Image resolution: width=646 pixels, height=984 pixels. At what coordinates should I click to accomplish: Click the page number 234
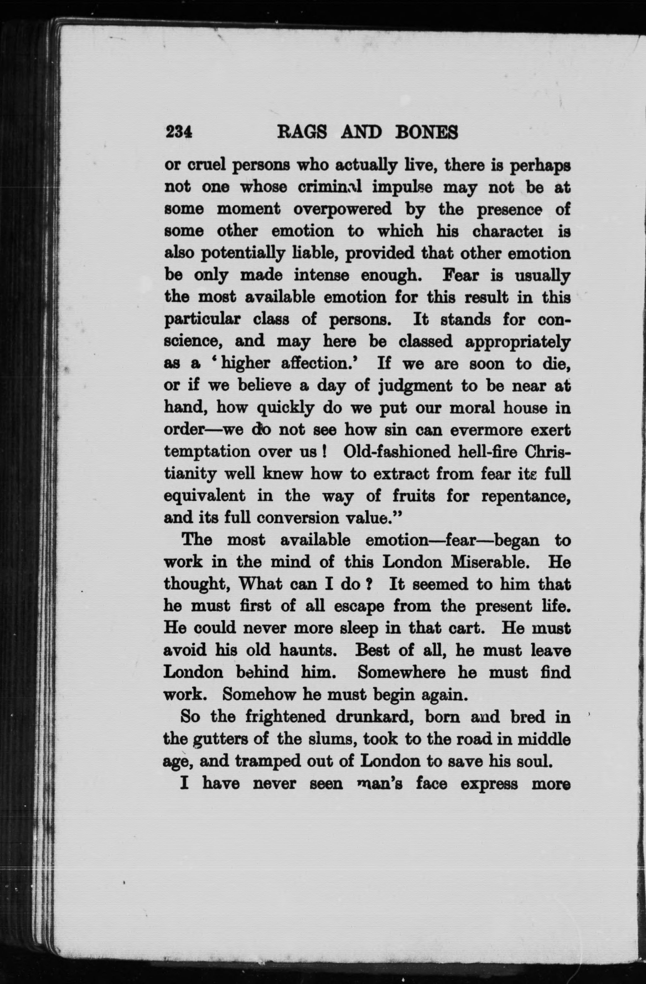(179, 133)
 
